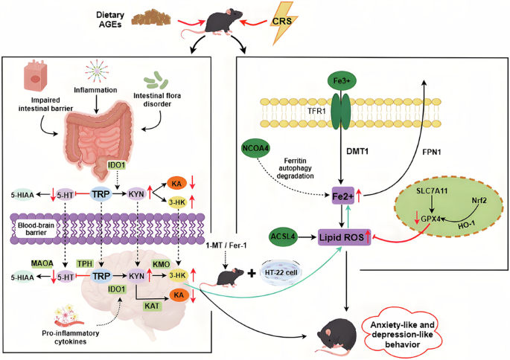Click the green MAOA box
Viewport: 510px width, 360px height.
pos(42,263)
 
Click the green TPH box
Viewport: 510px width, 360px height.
pos(84,263)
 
